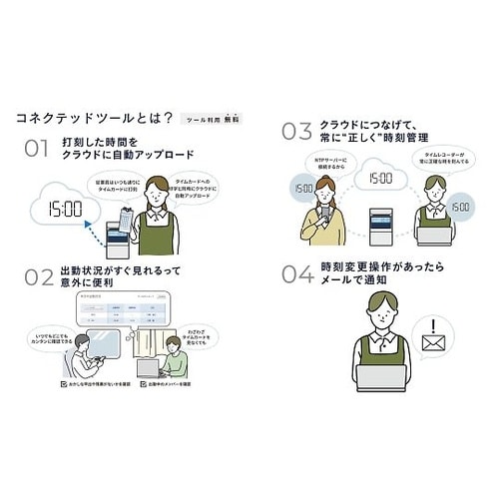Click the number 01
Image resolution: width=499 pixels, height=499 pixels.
(36, 148)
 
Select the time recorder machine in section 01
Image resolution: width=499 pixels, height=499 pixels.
(119, 240)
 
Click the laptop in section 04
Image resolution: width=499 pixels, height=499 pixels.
(380, 377)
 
